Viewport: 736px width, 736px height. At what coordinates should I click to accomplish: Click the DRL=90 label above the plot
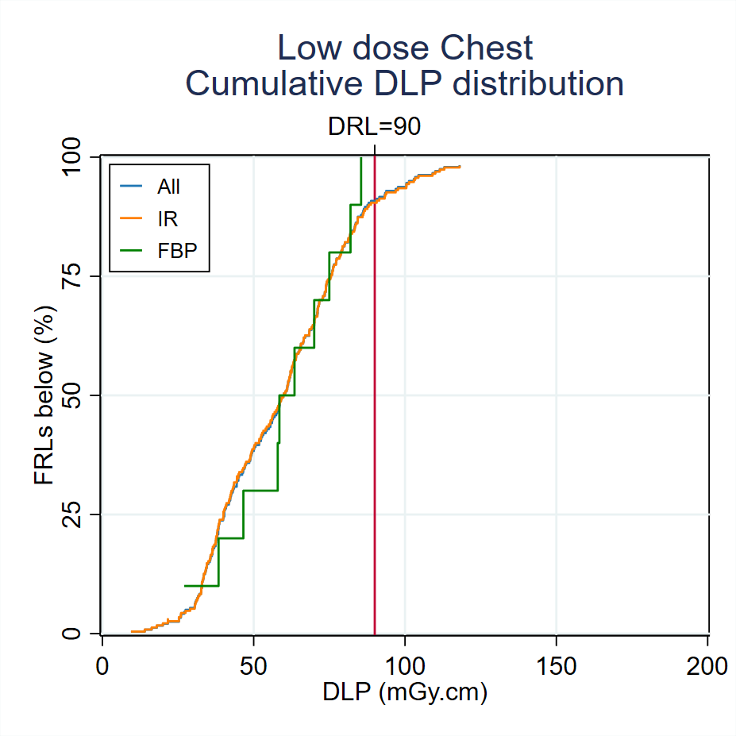[374, 127]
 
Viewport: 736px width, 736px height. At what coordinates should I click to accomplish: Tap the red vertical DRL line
[374, 397]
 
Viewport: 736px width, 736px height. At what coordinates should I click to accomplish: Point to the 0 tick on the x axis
[102, 665]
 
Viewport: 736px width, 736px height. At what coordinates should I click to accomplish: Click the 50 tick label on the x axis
[253, 665]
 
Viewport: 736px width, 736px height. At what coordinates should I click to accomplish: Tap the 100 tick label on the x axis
[405, 665]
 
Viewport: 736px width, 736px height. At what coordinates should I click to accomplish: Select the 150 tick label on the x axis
[556, 665]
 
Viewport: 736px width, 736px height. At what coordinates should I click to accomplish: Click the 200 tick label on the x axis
[707, 665]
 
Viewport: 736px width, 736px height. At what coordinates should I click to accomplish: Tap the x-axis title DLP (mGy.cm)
[405, 692]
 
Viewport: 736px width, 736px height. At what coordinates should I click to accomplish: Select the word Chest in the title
[487, 49]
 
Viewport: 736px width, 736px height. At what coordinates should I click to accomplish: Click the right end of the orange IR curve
[459, 167]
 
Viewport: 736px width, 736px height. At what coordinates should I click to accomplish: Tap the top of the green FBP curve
[361, 158]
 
